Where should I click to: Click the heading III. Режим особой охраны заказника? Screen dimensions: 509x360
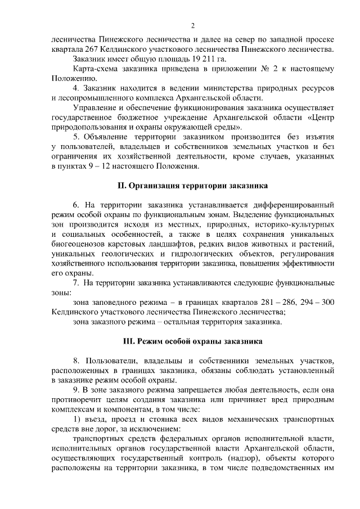click(x=192, y=342)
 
